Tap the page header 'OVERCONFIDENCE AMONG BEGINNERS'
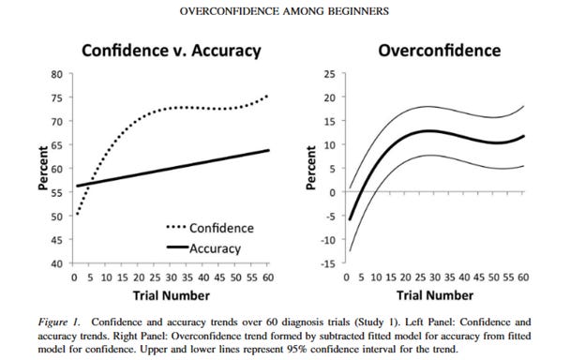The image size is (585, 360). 292,11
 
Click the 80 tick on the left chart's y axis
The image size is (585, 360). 57,74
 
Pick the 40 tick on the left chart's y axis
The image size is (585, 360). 57,263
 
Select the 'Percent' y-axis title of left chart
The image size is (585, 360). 43,169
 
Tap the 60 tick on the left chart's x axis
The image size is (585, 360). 267,277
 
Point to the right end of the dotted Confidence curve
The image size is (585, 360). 267,96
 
